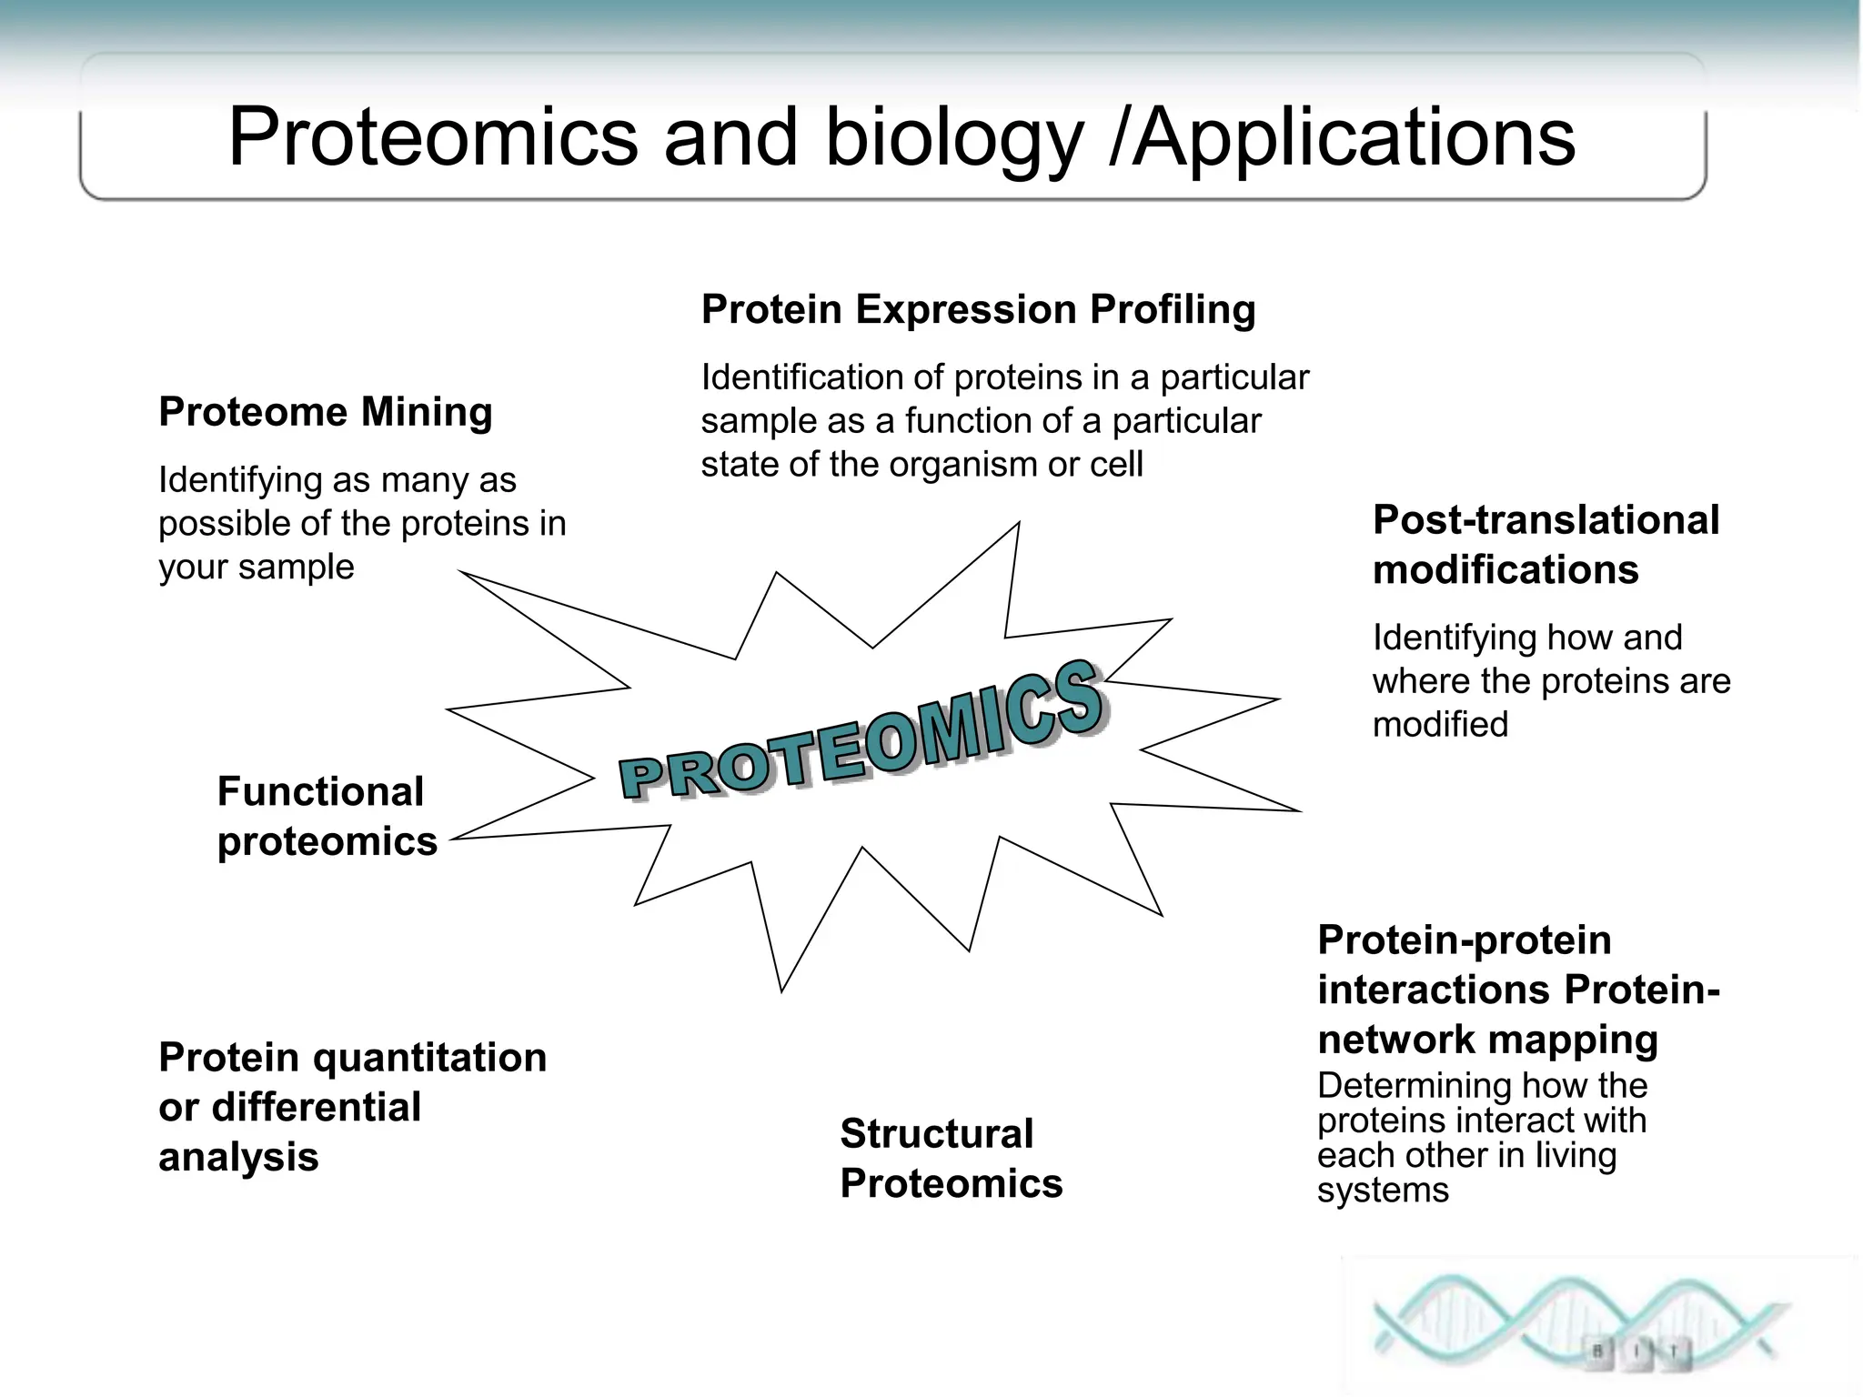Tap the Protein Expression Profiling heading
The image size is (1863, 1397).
pyautogui.click(x=978, y=309)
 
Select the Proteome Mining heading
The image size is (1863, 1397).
pyautogui.click(x=325, y=412)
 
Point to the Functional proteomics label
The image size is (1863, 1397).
pyautogui.click(x=327, y=816)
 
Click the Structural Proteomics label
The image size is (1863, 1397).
pyautogui.click(x=950, y=1158)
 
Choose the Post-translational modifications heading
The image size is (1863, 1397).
pyautogui.click(x=1545, y=544)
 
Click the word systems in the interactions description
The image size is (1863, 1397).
pyautogui.click(x=1382, y=1190)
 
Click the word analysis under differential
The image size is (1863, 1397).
pyautogui.click(x=238, y=1157)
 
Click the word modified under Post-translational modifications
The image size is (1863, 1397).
pyautogui.click(x=1439, y=725)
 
